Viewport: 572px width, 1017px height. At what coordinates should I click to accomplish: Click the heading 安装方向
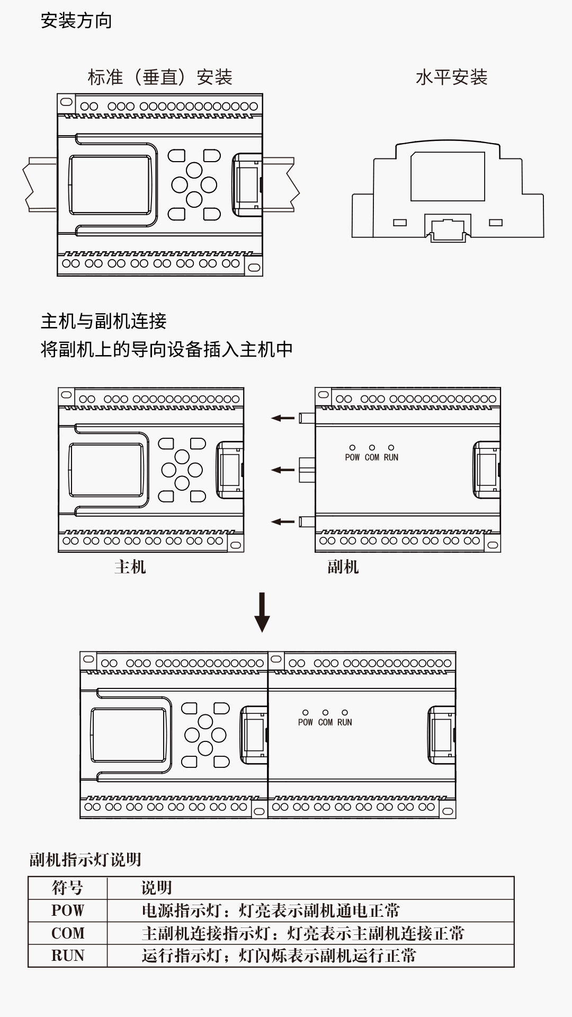[76, 21]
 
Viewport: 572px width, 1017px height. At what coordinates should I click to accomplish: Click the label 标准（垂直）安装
[160, 77]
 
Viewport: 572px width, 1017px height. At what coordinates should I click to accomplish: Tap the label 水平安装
[451, 77]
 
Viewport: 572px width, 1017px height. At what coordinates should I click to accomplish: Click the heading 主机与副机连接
[104, 321]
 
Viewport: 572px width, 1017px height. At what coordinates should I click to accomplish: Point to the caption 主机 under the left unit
[130, 567]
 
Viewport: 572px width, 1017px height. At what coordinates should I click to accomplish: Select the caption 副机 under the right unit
[343, 567]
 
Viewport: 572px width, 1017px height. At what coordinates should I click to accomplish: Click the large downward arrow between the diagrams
[262, 612]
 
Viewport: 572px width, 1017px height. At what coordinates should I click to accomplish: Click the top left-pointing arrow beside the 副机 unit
[283, 418]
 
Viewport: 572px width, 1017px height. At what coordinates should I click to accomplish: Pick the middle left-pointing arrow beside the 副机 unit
[283, 470]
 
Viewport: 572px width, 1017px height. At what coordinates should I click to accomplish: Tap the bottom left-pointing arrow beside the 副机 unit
[283, 521]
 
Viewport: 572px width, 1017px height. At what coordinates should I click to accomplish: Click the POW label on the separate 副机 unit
[352, 457]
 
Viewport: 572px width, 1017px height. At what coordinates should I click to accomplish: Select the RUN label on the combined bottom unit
[344, 722]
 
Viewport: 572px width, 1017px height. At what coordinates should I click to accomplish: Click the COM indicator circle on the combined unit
[325, 713]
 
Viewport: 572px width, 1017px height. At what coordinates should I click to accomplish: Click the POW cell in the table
[67, 910]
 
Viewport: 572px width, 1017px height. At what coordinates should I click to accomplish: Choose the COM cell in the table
[67, 933]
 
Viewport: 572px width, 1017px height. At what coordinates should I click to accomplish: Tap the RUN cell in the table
[67, 956]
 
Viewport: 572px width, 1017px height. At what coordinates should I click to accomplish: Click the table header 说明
[156, 888]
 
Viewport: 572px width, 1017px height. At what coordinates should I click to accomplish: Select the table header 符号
[67, 888]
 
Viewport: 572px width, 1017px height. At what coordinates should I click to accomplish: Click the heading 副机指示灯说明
[85, 860]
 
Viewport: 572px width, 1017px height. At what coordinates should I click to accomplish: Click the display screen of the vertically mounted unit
[110, 184]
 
